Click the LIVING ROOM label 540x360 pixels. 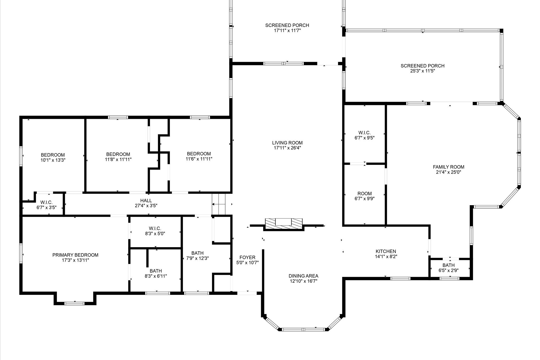(287, 143)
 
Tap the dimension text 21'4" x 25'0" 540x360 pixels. (448, 172)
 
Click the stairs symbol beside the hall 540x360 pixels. (219, 204)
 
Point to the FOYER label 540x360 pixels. (247, 257)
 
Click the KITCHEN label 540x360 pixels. (386, 251)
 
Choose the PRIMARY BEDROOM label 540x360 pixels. (75, 255)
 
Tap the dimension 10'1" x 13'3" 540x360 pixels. (53, 160)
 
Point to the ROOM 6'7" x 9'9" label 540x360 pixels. (364, 194)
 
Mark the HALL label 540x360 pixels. (146, 201)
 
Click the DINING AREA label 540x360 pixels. (303, 276)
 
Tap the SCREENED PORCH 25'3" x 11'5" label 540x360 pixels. (422, 66)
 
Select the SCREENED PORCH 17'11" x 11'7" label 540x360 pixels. (287, 25)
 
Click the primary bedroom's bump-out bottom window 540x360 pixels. (75, 304)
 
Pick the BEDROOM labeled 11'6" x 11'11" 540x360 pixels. (199, 154)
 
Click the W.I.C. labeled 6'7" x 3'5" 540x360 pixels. (46, 202)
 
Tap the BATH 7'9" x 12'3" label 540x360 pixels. (197, 253)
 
